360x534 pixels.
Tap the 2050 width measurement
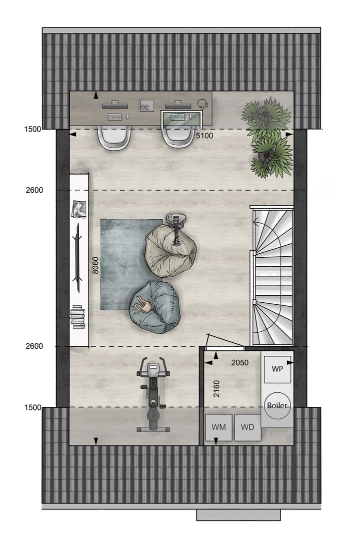pos(239,363)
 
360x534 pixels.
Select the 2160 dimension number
pos(216,388)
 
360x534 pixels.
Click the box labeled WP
pos(277,368)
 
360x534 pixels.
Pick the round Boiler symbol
pos(276,405)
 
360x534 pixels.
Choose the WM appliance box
pos(218,427)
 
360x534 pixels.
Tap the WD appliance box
pos(247,427)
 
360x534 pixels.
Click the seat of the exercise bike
pos(152,413)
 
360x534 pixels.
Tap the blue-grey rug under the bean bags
pos(120,265)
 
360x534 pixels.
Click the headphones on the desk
pos(202,104)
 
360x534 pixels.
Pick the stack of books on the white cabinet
pos(78,317)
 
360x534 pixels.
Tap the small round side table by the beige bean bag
pos(176,219)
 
